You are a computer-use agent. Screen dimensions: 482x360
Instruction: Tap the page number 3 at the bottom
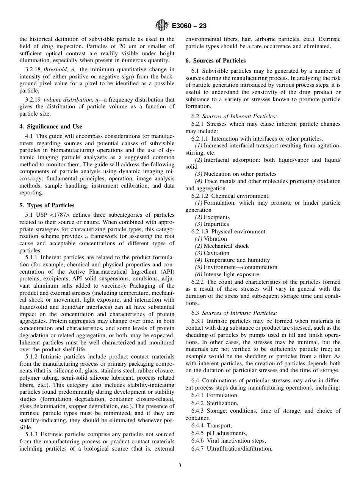[x=180, y=466]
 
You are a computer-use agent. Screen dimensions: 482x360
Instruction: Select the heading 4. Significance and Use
[x=51, y=127]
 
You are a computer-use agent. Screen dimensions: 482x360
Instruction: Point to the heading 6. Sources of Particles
[x=216, y=61]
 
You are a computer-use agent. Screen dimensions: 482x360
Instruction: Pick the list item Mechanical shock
[x=226, y=246]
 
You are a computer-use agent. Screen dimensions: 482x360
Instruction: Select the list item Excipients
[x=216, y=217]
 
